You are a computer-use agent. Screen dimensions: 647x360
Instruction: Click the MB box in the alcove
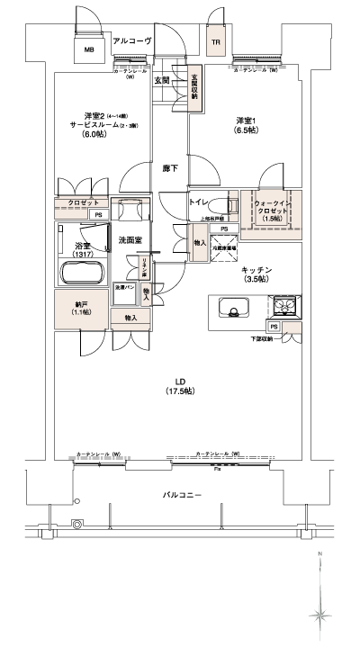[x=88, y=50]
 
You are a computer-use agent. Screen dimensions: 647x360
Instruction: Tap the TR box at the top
[x=216, y=42]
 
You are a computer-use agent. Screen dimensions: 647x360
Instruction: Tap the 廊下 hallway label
[x=169, y=168]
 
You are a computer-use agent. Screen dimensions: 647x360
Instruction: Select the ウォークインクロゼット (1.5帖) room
[x=270, y=211]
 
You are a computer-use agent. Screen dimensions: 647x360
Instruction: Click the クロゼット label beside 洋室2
[x=83, y=202]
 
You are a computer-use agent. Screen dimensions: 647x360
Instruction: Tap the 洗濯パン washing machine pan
[x=124, y=288]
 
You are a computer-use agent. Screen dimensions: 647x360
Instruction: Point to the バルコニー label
[x=181, y=496]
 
